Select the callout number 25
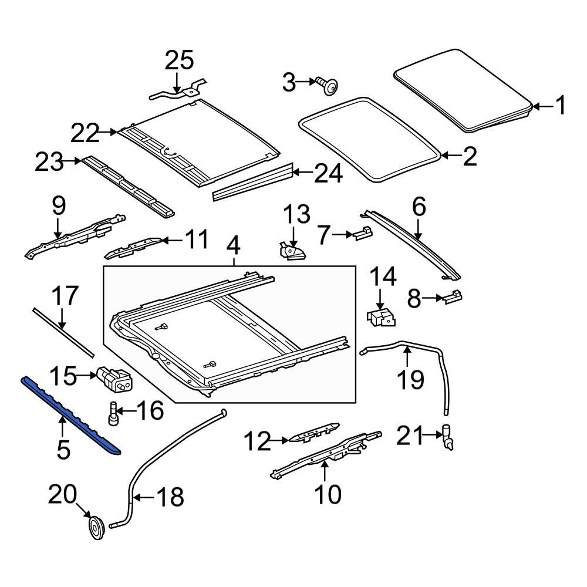[x=178, y=60]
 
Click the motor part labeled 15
[x=115, y=378]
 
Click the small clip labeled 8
[x=453, y=297]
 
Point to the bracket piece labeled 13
[x=292, y=252]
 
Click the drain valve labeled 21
[x=449, y=437]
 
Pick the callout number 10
[x=328, y=494]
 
